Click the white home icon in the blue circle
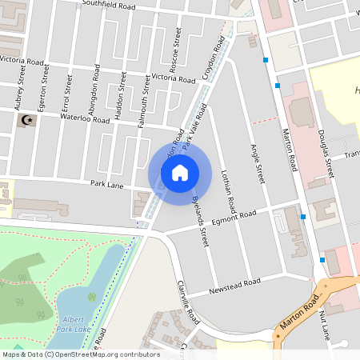coord(179,172)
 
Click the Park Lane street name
coord(106,184)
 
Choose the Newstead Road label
coord(235,286)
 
